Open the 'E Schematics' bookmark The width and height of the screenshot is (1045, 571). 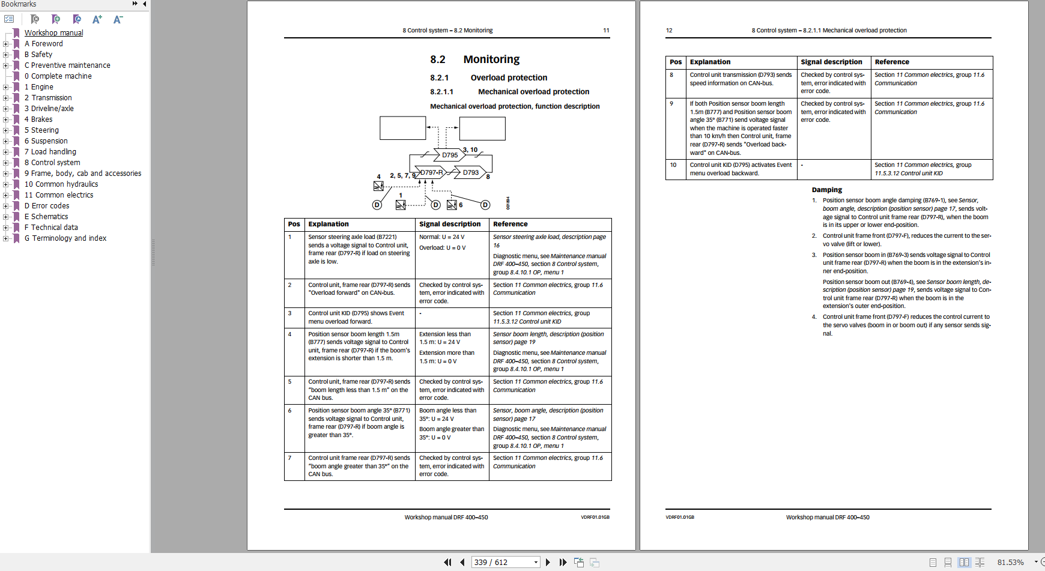[x=46, y=217]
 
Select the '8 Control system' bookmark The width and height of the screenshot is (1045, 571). [x=52, y=163]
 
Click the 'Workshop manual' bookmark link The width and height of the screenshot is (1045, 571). [x=53, y=33]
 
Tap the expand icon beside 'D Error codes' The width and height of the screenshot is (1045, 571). [x=5, y=206]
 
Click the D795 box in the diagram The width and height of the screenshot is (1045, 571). [x=450, y=155]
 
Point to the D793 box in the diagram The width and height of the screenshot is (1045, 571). [x=471, y=172]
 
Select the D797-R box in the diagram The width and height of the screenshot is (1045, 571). [x=431, y=172]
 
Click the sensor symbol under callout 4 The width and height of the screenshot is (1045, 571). [x=378, y=186]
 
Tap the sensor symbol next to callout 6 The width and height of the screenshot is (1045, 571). [x=452, y=205]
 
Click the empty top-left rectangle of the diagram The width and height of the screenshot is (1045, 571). [x=402, y=128]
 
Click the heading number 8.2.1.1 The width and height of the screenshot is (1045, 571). [x=441, y=92]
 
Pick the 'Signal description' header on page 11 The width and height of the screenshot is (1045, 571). [x=450, y=224]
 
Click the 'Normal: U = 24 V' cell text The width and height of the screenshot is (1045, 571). [x=441, y=237]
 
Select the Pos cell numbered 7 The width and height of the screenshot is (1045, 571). [x=289, y=458]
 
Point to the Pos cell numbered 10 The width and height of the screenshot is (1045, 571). [x=673, y=165]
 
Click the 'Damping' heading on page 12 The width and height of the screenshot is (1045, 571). [x=826, y=190]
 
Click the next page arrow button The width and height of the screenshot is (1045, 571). [x=548, y=562]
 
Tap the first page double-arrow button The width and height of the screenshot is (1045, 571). [x=447, y=562]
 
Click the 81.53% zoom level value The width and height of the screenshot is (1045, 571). [x=1010, y=562]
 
